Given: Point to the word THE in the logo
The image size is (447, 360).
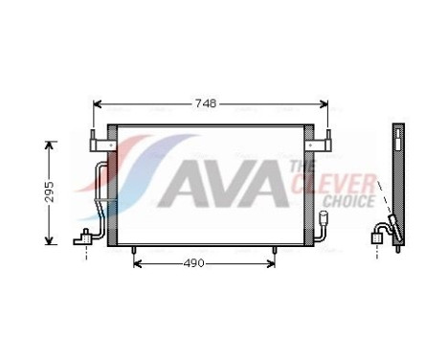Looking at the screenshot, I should tap(297, 168).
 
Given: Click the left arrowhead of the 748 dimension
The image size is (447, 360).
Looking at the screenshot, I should tap(97, 103).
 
